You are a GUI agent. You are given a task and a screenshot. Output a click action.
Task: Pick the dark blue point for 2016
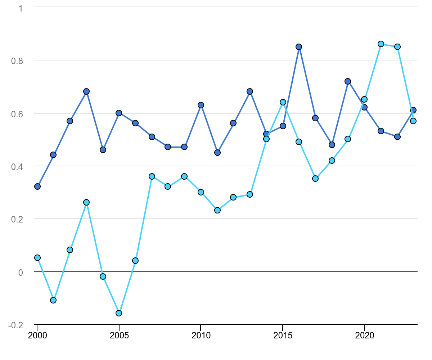(x=299, y=47)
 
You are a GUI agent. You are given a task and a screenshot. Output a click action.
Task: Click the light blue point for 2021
(x=381, y=44)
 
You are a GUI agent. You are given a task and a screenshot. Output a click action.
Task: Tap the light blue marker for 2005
(x=119, y=313)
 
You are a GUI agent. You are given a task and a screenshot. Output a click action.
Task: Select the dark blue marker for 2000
(x=37, y=186)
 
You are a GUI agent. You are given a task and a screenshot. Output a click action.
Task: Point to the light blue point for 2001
(x=53, y=300)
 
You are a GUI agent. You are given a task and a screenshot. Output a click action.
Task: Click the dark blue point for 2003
(x=86, y=91)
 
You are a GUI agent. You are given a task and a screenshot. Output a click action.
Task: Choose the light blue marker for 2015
(x=283, y=102)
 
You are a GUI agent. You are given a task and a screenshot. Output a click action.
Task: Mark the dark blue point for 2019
(x=348, y=81)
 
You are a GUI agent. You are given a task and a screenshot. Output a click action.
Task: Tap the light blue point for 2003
(x=86, y=202)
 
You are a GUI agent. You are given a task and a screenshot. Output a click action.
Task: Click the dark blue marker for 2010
(x=201, y=105)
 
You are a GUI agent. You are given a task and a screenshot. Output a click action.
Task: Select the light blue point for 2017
(x=315, y=179)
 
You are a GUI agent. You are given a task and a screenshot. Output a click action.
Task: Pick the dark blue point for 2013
(x=250, y=91)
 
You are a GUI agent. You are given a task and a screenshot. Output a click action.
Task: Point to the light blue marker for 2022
(x=397, y=47)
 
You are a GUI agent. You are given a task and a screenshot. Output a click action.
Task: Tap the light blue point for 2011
(x=217, y=210)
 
